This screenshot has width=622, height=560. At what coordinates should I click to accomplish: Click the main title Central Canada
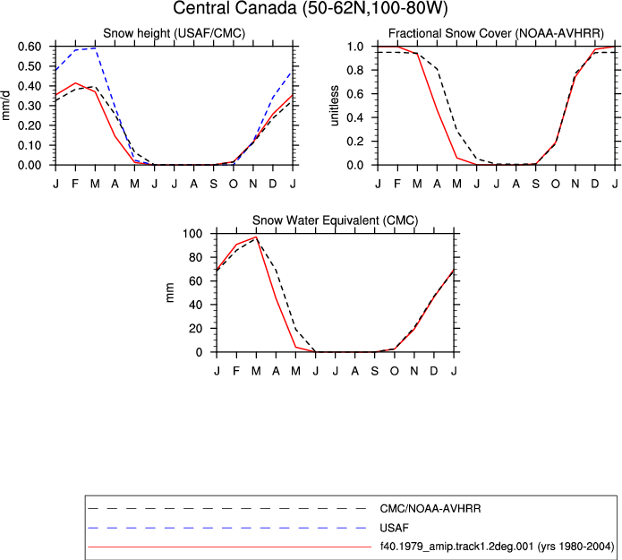[235, 8]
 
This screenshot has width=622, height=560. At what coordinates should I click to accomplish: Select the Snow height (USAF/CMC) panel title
[175, 33]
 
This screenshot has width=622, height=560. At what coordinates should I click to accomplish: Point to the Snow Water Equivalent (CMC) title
[336, 220]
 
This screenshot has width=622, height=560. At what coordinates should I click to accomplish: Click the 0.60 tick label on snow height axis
[30, 47]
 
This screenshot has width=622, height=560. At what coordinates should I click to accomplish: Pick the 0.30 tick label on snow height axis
[30, 106]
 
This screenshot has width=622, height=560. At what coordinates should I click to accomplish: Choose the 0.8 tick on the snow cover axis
[355, 70]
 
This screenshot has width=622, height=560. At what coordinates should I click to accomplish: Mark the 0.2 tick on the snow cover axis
[355, 142]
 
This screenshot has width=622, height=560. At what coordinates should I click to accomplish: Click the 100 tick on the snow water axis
[192, 234]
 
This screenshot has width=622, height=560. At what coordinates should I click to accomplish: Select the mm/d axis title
[5, 106]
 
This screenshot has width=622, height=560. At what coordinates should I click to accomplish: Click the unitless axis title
[335, 106]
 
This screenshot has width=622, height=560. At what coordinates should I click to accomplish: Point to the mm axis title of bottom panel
[170, 293]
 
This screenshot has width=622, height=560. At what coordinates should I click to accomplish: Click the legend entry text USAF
[394, 528]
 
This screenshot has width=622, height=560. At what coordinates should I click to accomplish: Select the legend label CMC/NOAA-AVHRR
[430, 509]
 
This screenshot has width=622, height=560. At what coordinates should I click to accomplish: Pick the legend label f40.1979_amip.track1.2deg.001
[456, 547]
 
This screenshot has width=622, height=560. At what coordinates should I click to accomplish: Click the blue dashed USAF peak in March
[95, 48]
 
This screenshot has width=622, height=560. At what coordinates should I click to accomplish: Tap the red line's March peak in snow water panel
[256, 237]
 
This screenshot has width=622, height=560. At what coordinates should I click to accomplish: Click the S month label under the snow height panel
[213, 184]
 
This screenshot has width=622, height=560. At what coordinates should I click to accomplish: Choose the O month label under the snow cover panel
[556, 184]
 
